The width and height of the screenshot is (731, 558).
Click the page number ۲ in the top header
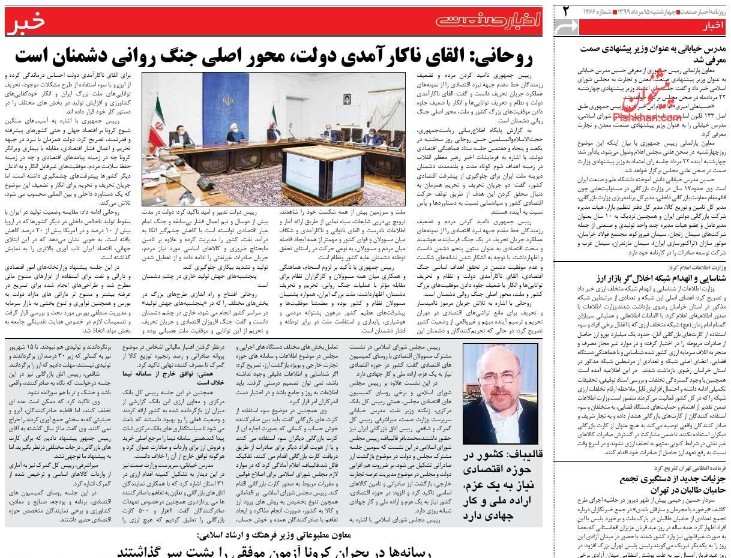(565, 10)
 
